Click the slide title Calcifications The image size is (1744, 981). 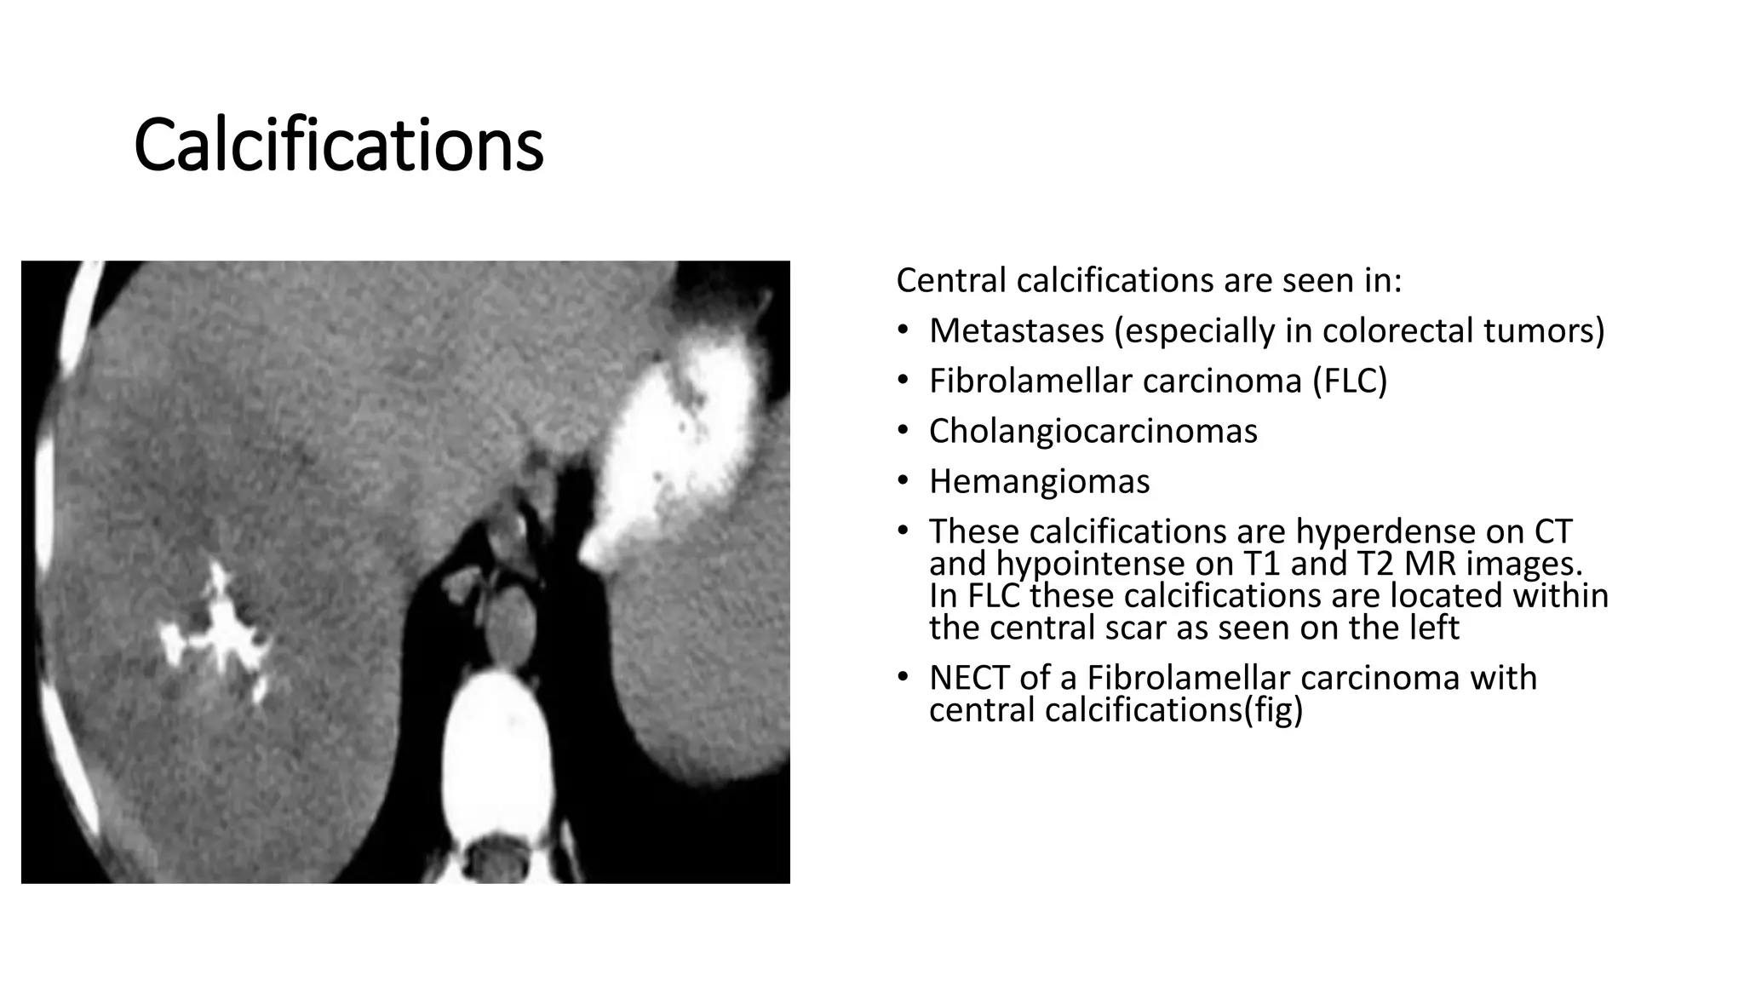(338, 145)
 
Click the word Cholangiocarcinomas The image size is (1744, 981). (1093, 431)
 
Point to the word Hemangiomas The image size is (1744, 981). (1039, 481)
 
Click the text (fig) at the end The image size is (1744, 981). (1273, 710)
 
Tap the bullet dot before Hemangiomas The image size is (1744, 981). (903, 481)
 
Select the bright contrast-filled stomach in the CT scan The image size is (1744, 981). (673, 443)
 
